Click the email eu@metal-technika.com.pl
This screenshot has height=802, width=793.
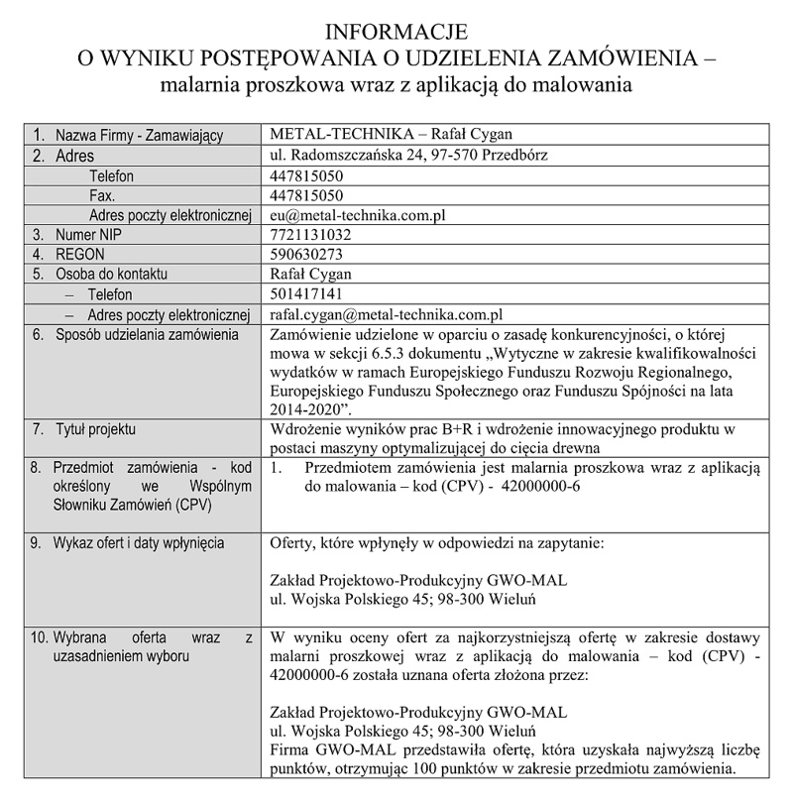(361, 215)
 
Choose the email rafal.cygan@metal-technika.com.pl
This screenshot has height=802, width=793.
(388, 314)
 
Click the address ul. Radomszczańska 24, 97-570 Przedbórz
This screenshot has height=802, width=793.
(409, 155)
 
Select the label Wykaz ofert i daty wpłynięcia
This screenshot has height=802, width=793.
(139, 543)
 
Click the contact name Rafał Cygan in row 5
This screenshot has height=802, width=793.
(310, 275)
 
